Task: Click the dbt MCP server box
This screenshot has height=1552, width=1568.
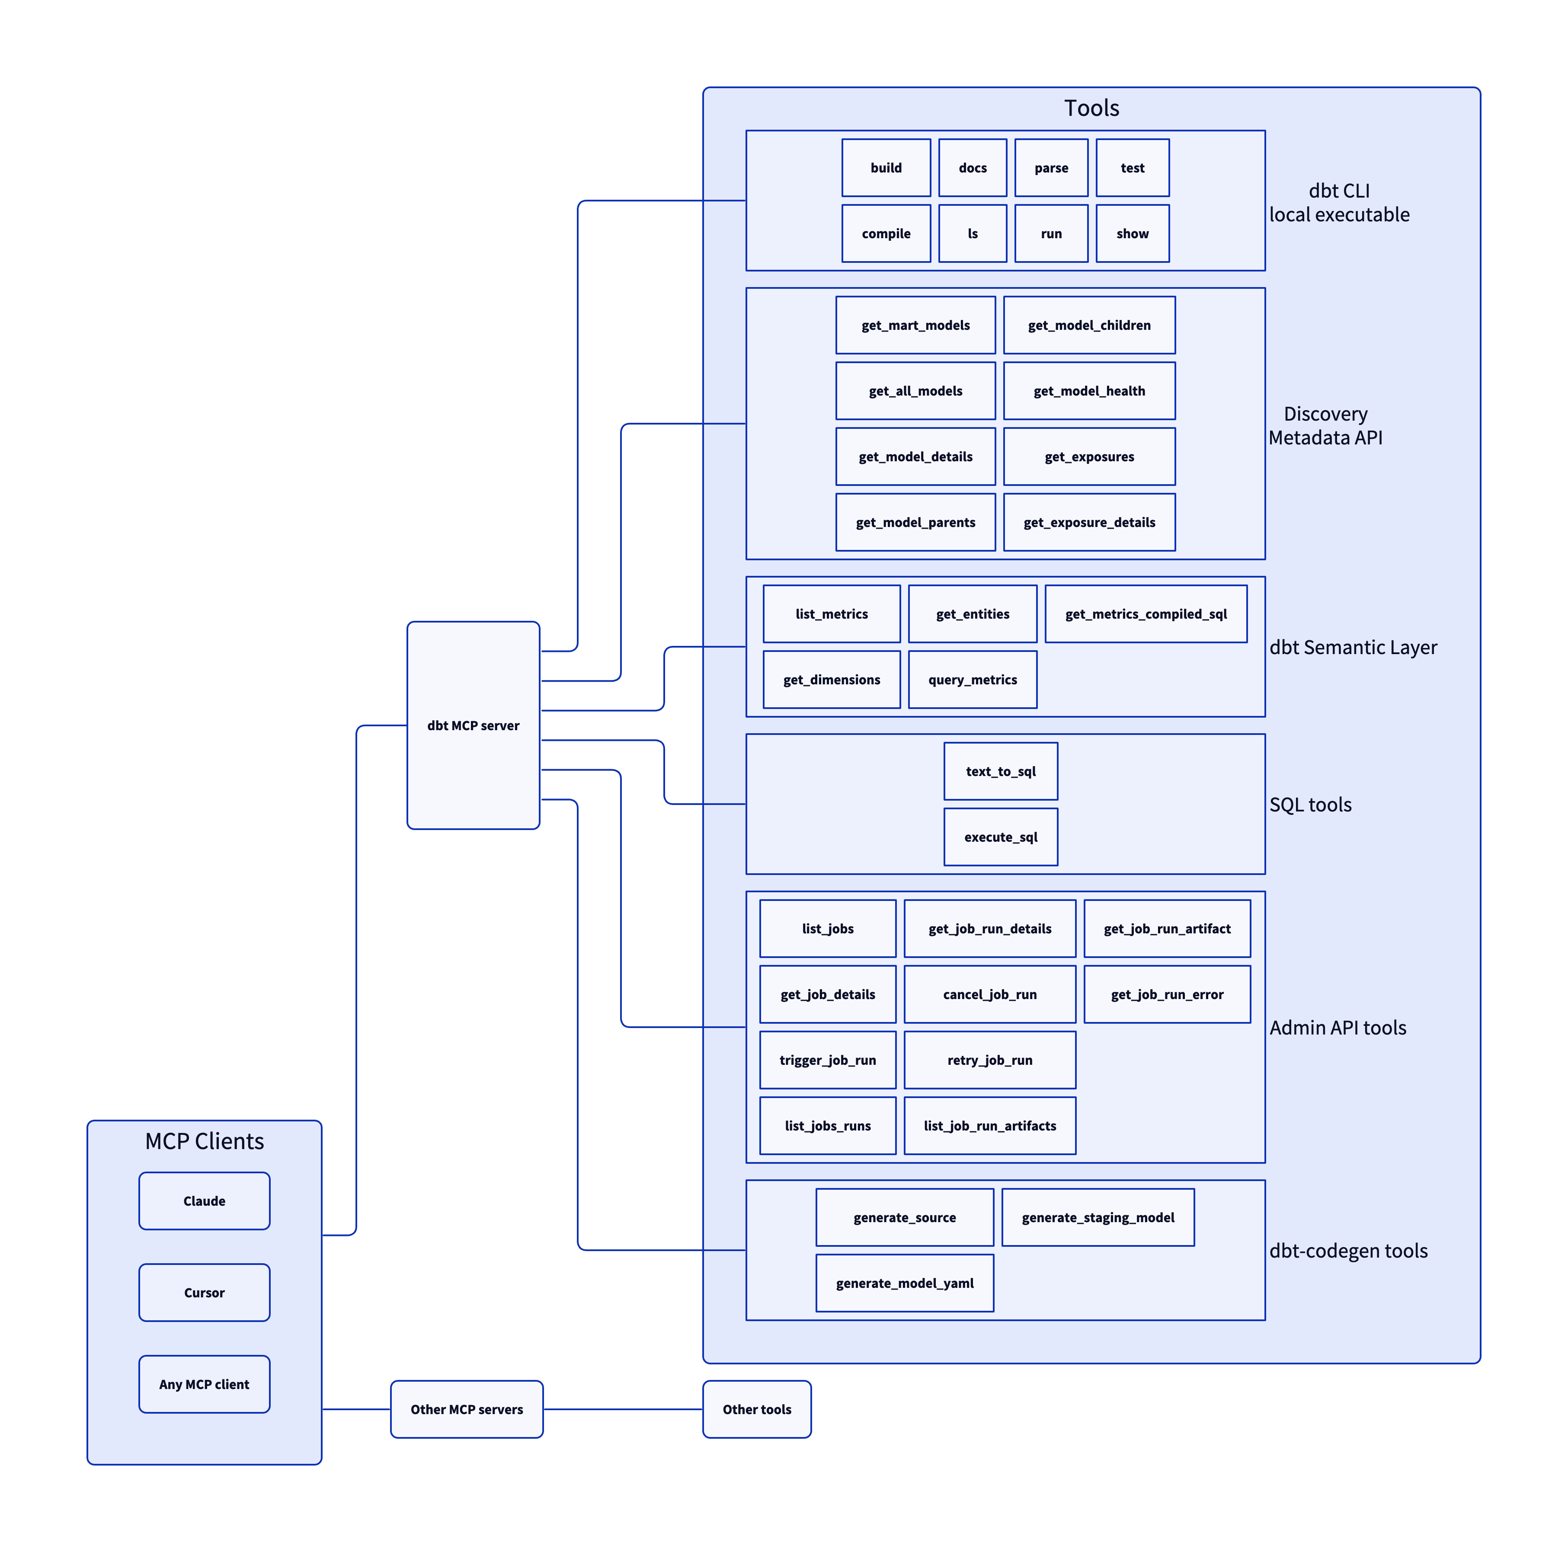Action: tap(473, 725)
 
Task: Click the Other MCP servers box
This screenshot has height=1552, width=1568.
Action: tap(467, 1409)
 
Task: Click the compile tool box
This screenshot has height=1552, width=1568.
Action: tap(886, 233)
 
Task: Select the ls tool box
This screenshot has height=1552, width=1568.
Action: tap(972, 233)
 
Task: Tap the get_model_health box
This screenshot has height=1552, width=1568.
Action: tap(1089, 391)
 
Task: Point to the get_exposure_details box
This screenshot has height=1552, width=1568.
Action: tap(1089, 523)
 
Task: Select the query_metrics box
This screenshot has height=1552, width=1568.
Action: tap(972, 680)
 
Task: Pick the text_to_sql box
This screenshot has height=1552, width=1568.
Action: tap(1001, 772)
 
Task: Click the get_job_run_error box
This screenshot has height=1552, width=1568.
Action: tap(1167, 995)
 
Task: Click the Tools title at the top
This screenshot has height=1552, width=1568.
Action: tap(1091, 108)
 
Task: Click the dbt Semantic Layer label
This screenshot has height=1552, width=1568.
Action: tap(1353, 648)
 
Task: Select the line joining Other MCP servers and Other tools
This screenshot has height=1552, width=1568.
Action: tap(623, 1409)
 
